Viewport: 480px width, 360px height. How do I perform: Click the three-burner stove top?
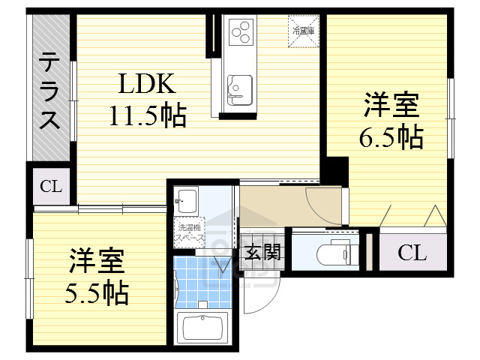click(x=242, y=33)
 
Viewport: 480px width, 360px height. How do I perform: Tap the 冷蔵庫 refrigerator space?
click(x=304, y=31)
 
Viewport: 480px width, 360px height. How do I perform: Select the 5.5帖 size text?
click(x=97, y=292)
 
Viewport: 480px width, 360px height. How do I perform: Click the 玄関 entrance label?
click(x=262, y=252)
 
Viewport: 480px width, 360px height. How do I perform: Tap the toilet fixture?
click(x=330, y=252)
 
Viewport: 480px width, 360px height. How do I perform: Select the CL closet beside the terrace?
click(x=51, y=186)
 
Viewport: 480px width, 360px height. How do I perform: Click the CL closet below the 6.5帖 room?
click(x=411, y=253)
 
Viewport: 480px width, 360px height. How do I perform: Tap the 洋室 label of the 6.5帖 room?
click(x=391, y=105)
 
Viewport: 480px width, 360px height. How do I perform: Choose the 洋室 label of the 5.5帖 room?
click(x=96, y=262)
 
